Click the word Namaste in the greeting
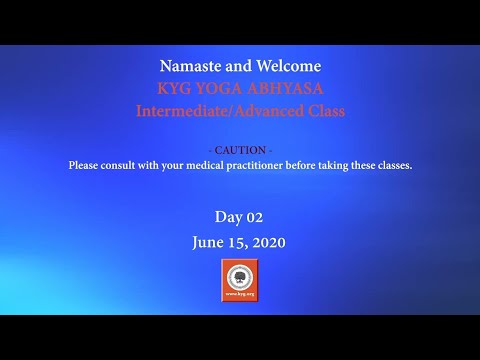(188, 67)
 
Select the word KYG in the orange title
(174, 89)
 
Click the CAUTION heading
(240, 150)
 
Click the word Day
(228, 217)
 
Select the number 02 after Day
(254, 217)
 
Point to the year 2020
(268, 242)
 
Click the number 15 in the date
(237, 242)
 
